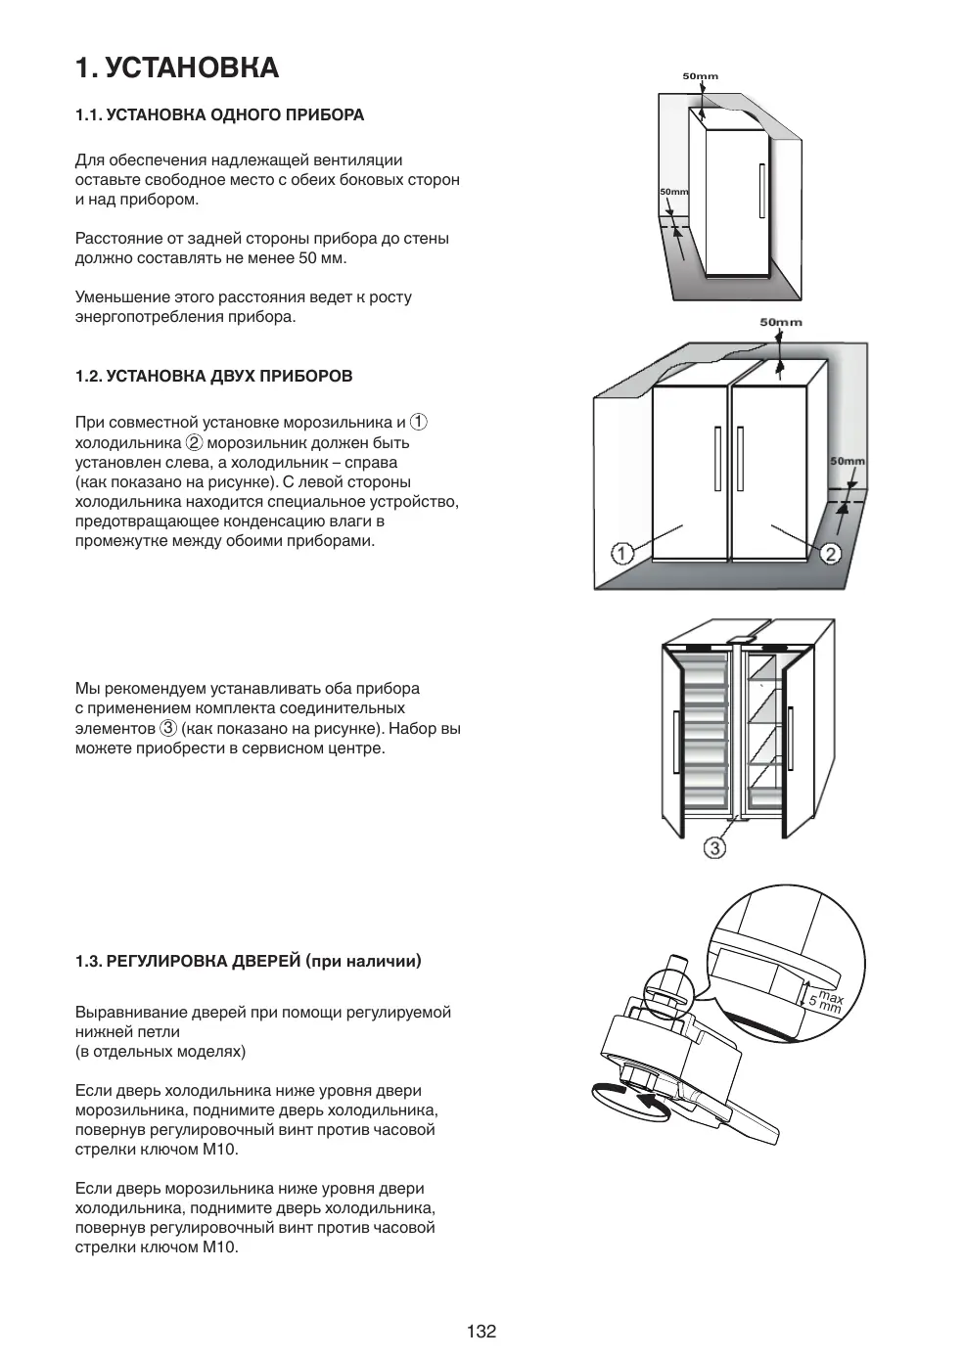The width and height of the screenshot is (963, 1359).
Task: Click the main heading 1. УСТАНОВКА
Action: (x=177, y=68)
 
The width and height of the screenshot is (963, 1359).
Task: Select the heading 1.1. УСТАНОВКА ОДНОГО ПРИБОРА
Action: (x=219, y=115)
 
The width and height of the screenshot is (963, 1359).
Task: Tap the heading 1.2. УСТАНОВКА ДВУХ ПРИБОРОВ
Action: (x=213, y=376)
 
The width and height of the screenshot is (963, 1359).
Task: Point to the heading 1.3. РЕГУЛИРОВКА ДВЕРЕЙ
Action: (x=248, y=961)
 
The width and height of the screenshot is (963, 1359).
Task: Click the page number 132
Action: (x=481, y=1331)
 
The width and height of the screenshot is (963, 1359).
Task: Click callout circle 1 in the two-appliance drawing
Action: (x=622, y=554)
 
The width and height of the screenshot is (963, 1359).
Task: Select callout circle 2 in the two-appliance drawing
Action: (x=830, y=555)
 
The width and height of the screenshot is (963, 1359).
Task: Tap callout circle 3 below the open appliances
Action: (x=715, y=847)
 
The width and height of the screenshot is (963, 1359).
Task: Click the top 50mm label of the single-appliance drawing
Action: (x=700, y=76)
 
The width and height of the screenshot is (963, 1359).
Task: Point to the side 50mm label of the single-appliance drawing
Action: (x=673, y=192)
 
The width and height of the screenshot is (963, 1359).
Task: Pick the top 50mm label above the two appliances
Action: (x=780, y=322)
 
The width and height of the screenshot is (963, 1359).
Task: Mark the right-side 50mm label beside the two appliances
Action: (x=847, y=461)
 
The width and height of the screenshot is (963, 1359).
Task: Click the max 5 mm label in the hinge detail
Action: (x=824, y=1000)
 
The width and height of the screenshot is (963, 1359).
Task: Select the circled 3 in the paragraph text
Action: (x=168, y=729)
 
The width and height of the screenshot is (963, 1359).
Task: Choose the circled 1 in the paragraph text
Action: (x=418, y=423)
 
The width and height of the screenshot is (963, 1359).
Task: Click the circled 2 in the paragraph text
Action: (x=194, y=442)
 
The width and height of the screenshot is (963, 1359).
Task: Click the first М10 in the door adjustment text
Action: (x=220, y=1150)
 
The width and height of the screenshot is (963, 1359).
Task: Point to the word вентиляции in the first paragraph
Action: (x=354, y=159)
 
